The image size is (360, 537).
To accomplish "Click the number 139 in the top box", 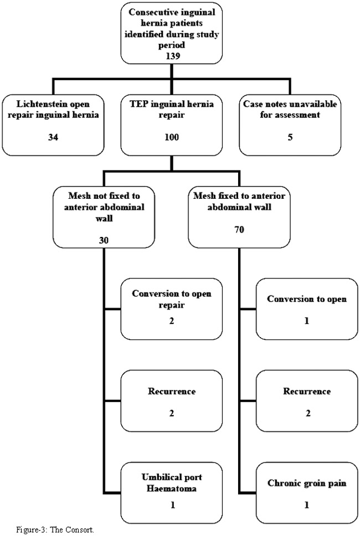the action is click(172, 56).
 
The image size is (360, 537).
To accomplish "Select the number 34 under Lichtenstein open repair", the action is click(53, 137).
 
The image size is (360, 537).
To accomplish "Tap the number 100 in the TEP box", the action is click(172, 137).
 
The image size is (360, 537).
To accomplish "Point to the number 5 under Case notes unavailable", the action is click(290, 137).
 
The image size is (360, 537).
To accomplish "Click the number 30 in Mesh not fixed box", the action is click(104, 240).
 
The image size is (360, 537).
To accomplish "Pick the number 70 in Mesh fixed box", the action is click(239, 229).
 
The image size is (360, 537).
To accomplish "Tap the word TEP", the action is click(138, 104).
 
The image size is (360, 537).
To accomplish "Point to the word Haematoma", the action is click(172, 488).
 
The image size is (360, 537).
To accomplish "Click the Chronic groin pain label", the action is click(307, 483).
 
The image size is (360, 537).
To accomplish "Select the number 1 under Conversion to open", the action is click(307, 321).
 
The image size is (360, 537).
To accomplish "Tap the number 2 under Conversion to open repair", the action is click(172, 321).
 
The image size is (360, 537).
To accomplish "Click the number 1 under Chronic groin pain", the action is click(307, 505).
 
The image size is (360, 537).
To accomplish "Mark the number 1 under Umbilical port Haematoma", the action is click(173, 505).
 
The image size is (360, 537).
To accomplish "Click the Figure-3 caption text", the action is click(55, 530).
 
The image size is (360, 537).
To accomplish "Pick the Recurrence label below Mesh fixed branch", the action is click(307, 391).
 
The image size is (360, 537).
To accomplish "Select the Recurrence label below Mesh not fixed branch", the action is click(172, 391).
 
